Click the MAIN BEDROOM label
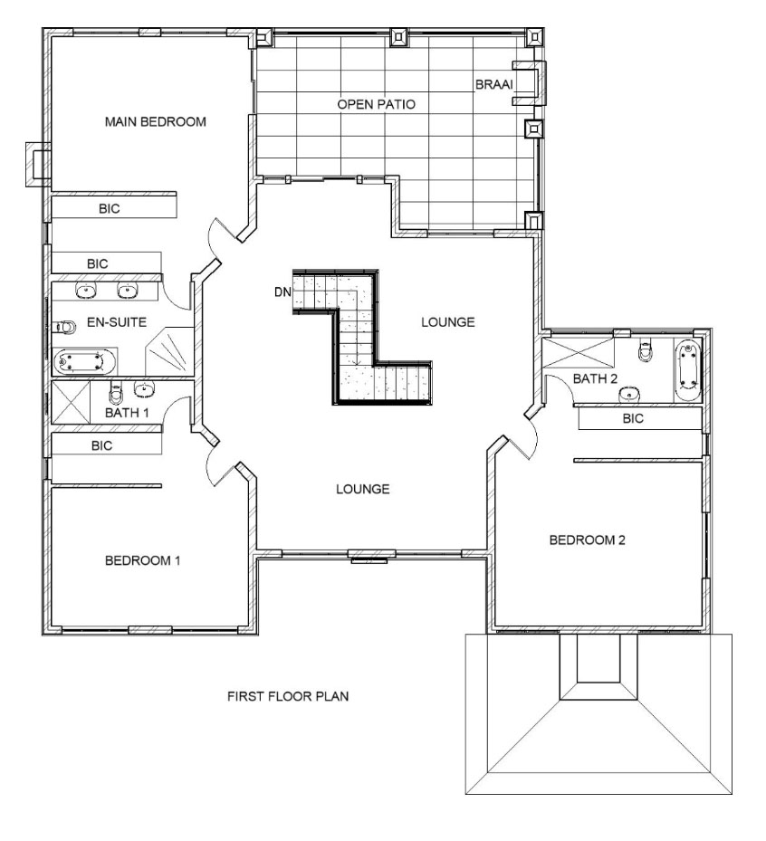[x=156, y=121]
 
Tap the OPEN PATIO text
[x=376, y=104]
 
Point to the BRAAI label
[x=494, y=84]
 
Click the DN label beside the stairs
[x=282, y=292]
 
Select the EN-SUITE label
[x=117, y=321]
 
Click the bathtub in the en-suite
[x=84, y=362]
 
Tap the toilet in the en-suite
[x=63, y=327]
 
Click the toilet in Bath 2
[x=646, y=350]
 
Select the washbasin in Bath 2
[x=628, y=395]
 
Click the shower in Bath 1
[x=72, y=402]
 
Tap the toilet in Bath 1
[x=116, y=393]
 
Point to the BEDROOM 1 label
[x=143, y=561]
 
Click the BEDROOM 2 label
[x=588, y=540]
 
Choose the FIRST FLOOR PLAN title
[x=288, y=696]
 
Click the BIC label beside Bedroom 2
[x=633, y=418]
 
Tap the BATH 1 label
[x=127, y=413]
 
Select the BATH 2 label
[x=595, y=378]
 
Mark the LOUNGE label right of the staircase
[x=448, y=321]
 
